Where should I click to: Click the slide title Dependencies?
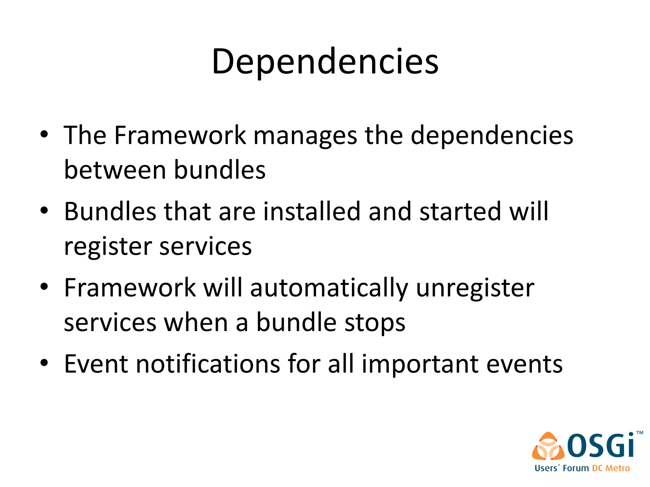click(x=325, y=62)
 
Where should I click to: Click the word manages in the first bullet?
click(x=305, y=136)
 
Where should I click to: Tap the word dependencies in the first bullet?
click(x=492, y=136)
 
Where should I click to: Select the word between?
click(x=115, y=170)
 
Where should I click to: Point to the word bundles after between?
click(x=220, y=170)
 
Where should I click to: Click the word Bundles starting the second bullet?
click(x=110, y=211)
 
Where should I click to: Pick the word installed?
click(x=312, y=211)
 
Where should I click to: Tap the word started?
click(x=461, y=211)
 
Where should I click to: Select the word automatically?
click(x=329, y=288)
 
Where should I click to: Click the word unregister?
click(x=475, y=288)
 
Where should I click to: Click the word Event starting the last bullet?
click(x=96, y=364)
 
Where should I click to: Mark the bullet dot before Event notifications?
click(x=44, y=363)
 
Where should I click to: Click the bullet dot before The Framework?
click(x=44, y=134)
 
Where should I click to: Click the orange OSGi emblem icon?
click(x=548, y=446)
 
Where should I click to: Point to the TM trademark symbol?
click(x=640, y=432)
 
